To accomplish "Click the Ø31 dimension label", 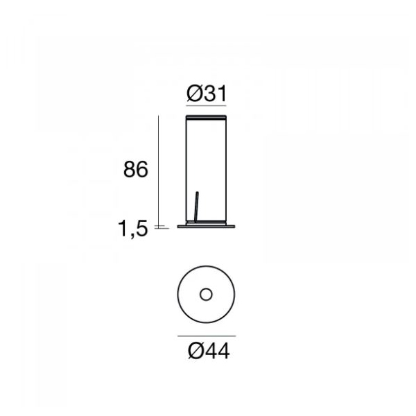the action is pyautogui.click(x=207, y=94).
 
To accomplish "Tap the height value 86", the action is pyautogui.click(x=136, y=169).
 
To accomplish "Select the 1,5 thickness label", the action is pyautogui.click(x=132, y=229).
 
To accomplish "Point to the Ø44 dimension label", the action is pyautogui.click(x=209, y=352).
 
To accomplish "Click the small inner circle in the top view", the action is pyautogui.click(x=206, y=295).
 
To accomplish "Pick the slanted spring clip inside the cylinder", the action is pyautogui.click(x=196, y=207).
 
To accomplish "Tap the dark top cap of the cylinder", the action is pyautogui.click(x=206, y=117).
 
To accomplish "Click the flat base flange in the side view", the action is pyautogui.click(x=206, y=226).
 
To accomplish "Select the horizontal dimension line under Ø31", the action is pyautogui.click(x=206, y=105).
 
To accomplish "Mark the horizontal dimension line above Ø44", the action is pyautogui.click(x=207, y=336).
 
